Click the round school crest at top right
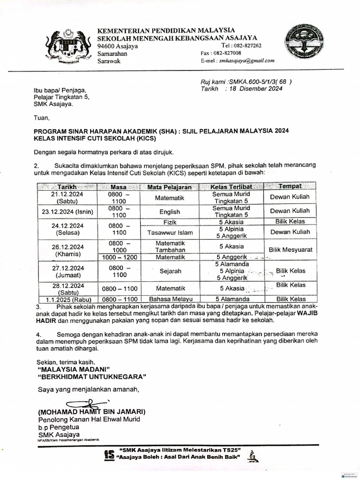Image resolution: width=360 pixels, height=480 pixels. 306,46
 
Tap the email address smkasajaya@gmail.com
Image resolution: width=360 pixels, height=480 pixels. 244,60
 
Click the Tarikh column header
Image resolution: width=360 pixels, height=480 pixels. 67,187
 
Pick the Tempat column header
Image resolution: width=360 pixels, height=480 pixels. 290,186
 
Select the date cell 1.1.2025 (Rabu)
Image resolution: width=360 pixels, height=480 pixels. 67,299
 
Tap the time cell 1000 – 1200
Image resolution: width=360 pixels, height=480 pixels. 119,257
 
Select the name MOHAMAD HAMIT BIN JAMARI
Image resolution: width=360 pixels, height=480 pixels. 92,412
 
